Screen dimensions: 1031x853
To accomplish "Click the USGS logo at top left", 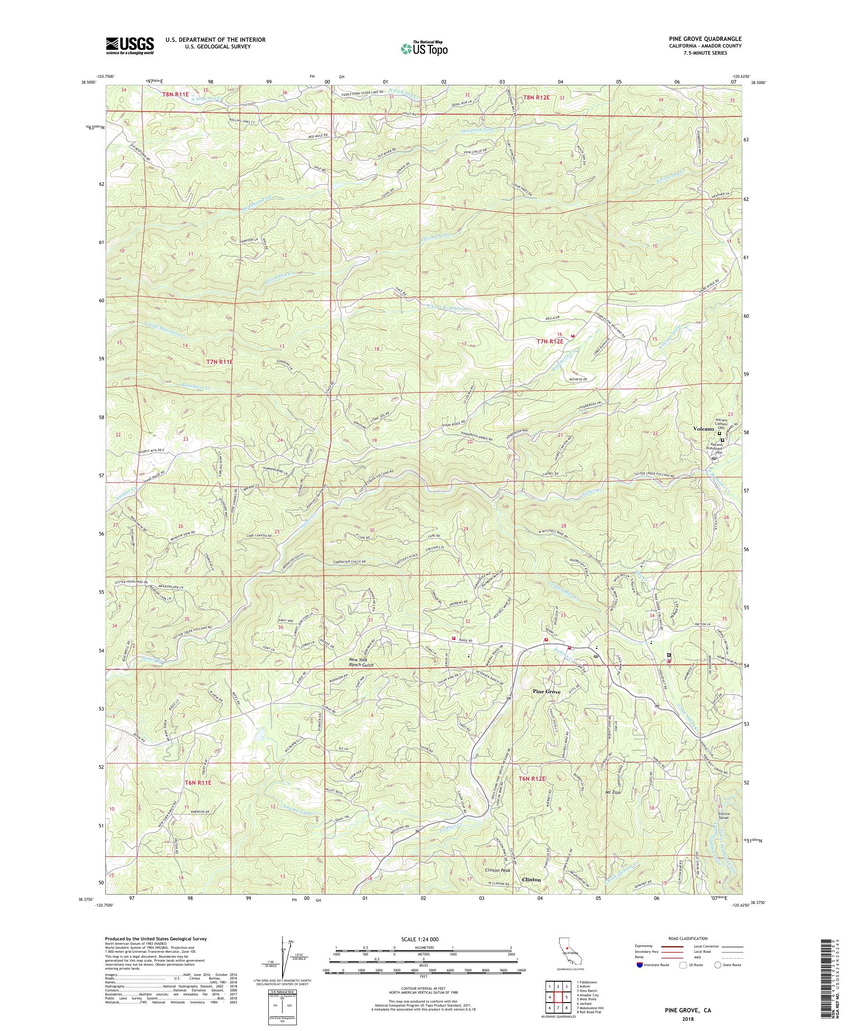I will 130,46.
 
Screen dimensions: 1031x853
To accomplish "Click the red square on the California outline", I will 567,949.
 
